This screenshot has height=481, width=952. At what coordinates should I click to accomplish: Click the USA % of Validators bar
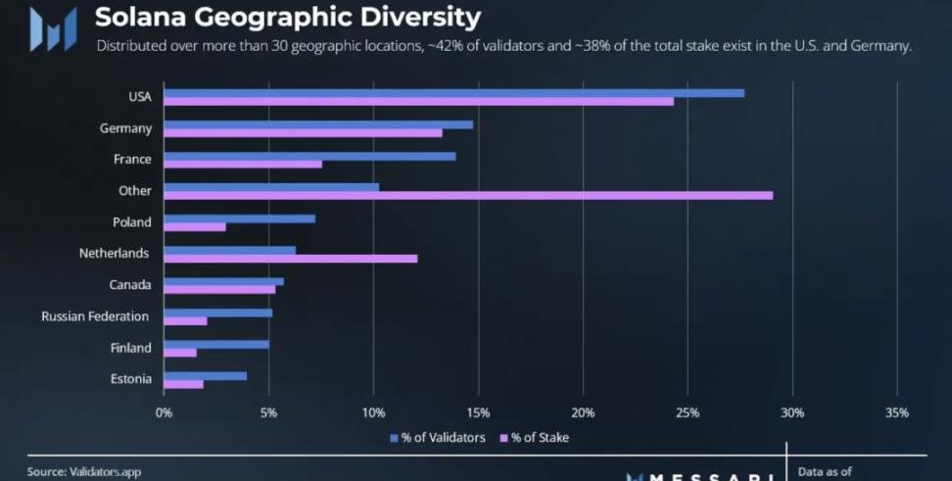453,93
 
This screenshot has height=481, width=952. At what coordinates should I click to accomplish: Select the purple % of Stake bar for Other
468,196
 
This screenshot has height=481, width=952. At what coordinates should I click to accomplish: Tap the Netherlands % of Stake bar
290,259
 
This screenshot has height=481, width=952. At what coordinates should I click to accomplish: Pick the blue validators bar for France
309,156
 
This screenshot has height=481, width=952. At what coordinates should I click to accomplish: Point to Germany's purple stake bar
303,133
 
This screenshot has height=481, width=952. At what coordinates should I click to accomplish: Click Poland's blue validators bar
239,218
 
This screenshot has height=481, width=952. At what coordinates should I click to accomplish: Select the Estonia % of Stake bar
183,384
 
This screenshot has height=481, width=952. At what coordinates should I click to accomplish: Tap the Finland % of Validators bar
215,344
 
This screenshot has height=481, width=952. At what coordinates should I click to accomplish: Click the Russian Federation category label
95,316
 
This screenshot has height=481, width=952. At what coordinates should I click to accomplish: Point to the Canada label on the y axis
130,285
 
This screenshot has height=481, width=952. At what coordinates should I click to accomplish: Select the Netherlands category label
114,253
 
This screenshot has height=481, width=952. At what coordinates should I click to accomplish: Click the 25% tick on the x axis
688,412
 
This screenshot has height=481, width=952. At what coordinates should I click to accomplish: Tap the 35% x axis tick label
896,412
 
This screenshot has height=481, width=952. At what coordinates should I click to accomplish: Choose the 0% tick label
164,412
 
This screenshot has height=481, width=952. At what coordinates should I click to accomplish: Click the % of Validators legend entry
438,438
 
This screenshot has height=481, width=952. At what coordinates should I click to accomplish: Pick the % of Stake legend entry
535,438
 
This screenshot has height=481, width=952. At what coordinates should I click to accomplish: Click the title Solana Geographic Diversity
288,18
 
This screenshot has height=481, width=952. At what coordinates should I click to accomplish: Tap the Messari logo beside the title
53,28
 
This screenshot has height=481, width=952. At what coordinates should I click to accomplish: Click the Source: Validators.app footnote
84,472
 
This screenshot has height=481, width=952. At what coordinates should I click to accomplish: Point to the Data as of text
825,472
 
